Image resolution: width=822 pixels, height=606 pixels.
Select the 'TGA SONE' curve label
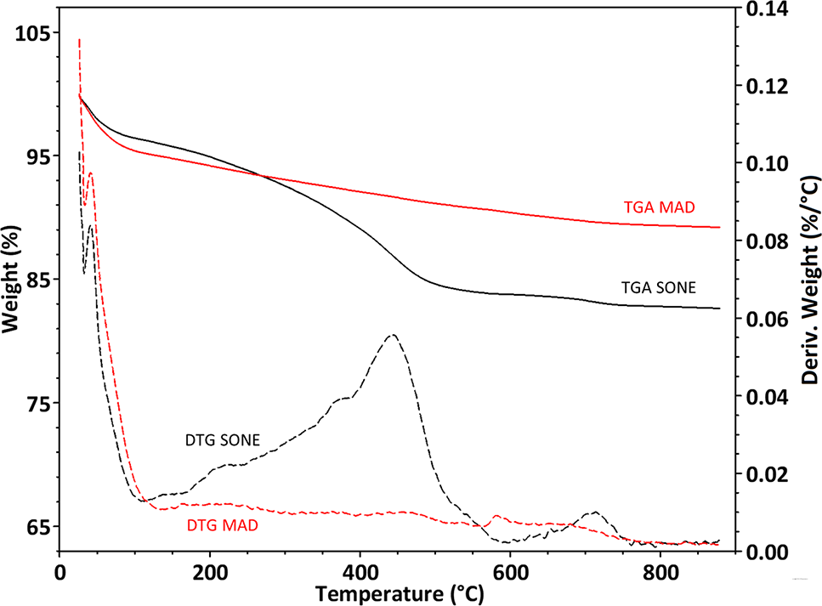(x=658, y=288)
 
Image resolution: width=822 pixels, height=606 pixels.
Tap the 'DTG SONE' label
(x=222, y=440)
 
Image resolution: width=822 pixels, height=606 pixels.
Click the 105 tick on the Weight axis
(x=30, y=32)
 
